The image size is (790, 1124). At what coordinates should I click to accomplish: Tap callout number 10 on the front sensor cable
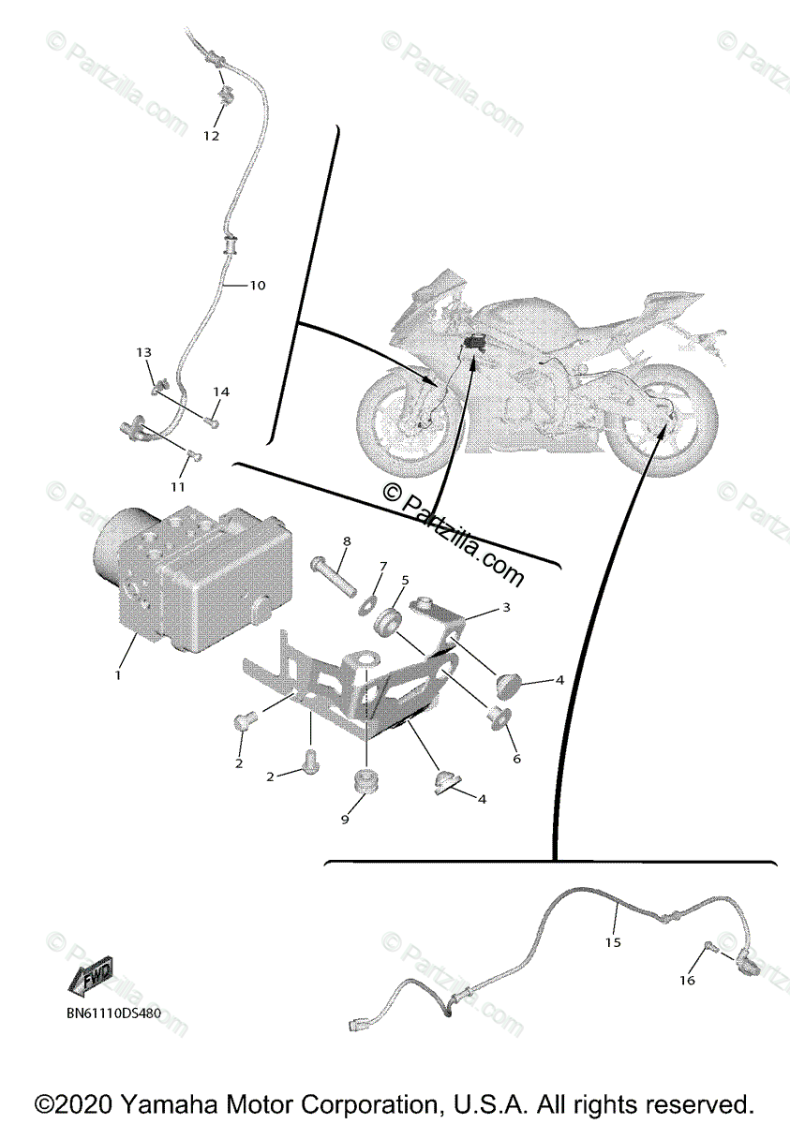click(x=257, y=285)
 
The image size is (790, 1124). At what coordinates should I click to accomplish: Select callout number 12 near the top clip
click(x=211, y=136)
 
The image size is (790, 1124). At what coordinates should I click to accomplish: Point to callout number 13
click(x=143, y=353)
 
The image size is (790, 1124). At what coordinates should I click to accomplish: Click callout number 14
click(x=220, y=391)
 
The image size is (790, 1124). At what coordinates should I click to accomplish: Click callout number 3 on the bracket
click(x=505, y=608)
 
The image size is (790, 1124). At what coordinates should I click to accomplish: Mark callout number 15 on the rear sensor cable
click(x=612, y=943)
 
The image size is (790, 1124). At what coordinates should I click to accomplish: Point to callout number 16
click(x=687, y=980)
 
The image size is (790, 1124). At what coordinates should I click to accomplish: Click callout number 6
click(x=516, y=759)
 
